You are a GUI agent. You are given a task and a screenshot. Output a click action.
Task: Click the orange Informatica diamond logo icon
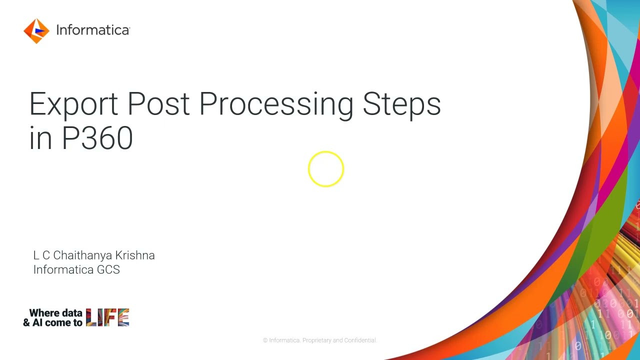(x=36, y=31)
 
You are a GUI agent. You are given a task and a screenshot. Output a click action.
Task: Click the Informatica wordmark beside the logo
(x=93, y=30)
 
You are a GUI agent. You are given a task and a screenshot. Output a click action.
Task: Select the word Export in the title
(x=74, y=104)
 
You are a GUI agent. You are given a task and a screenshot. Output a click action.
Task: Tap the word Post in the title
(x=158, y=104)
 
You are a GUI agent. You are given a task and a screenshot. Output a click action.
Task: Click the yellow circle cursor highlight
(x=326, y=169)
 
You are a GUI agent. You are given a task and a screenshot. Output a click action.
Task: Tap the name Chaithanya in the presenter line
(x=82, y=255)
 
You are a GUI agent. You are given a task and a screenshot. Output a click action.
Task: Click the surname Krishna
(x=135, y=255)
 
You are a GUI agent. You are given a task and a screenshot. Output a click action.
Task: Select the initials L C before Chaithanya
(x=41, y=255)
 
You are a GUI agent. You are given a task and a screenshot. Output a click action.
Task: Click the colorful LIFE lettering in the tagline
(x=107, y=317)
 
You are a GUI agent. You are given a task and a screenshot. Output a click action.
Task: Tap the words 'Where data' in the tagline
(x=55, y=313)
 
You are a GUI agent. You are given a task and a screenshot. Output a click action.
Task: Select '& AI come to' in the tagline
(x=52, y=322)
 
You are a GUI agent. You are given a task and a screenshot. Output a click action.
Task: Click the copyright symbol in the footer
(x=265, y=340)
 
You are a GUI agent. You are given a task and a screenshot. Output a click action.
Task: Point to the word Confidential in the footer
(x=360, y=340)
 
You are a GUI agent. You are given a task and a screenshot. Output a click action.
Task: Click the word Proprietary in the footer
(x=316, y=340)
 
